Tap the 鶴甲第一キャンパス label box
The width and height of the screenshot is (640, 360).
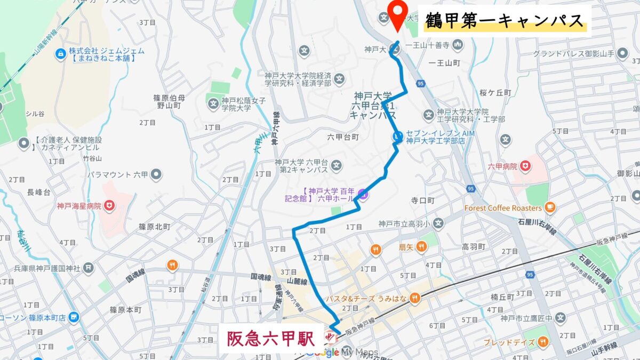point(505,21)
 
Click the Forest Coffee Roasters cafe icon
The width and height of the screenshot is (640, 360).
point(550,207)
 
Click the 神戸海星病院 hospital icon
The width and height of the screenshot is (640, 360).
point(110,205)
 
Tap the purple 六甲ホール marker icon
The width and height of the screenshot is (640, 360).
point(362,195)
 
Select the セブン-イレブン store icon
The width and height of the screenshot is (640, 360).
point(398,137)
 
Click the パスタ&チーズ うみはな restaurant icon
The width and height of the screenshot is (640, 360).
point(415,298)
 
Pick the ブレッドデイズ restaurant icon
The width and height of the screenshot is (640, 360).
point(543,341)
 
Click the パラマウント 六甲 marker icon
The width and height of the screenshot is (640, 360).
point(156,174)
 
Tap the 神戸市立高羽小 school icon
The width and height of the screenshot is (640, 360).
point(438,223)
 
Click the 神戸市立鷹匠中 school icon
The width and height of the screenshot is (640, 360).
point(560,318)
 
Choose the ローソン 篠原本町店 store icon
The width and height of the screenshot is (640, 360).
point(73,318)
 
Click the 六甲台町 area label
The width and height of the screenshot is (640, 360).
point(343,137)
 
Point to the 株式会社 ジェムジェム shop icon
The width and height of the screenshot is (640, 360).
point(60,53)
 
